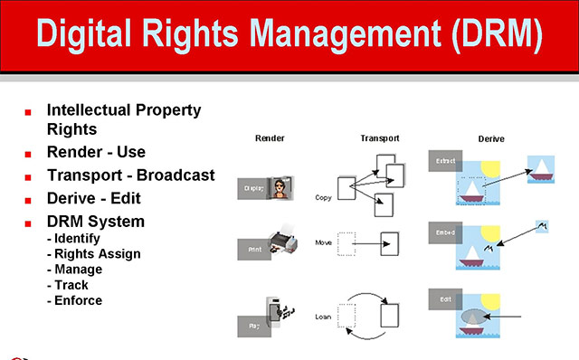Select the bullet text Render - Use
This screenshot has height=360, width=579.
pos(96,152)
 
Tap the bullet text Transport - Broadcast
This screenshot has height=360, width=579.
pos(130,175)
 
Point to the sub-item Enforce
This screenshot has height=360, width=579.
pos(78,300)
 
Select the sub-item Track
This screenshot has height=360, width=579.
pos(71,285)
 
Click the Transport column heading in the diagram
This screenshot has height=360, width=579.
pos(380,138)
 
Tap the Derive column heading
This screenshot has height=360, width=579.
pos(491,138)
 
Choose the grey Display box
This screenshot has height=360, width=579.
pos(254,188)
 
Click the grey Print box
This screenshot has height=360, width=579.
pos(253,247)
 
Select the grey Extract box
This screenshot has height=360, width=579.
pos(445,161)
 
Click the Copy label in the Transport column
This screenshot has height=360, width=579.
pos(324,196)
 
